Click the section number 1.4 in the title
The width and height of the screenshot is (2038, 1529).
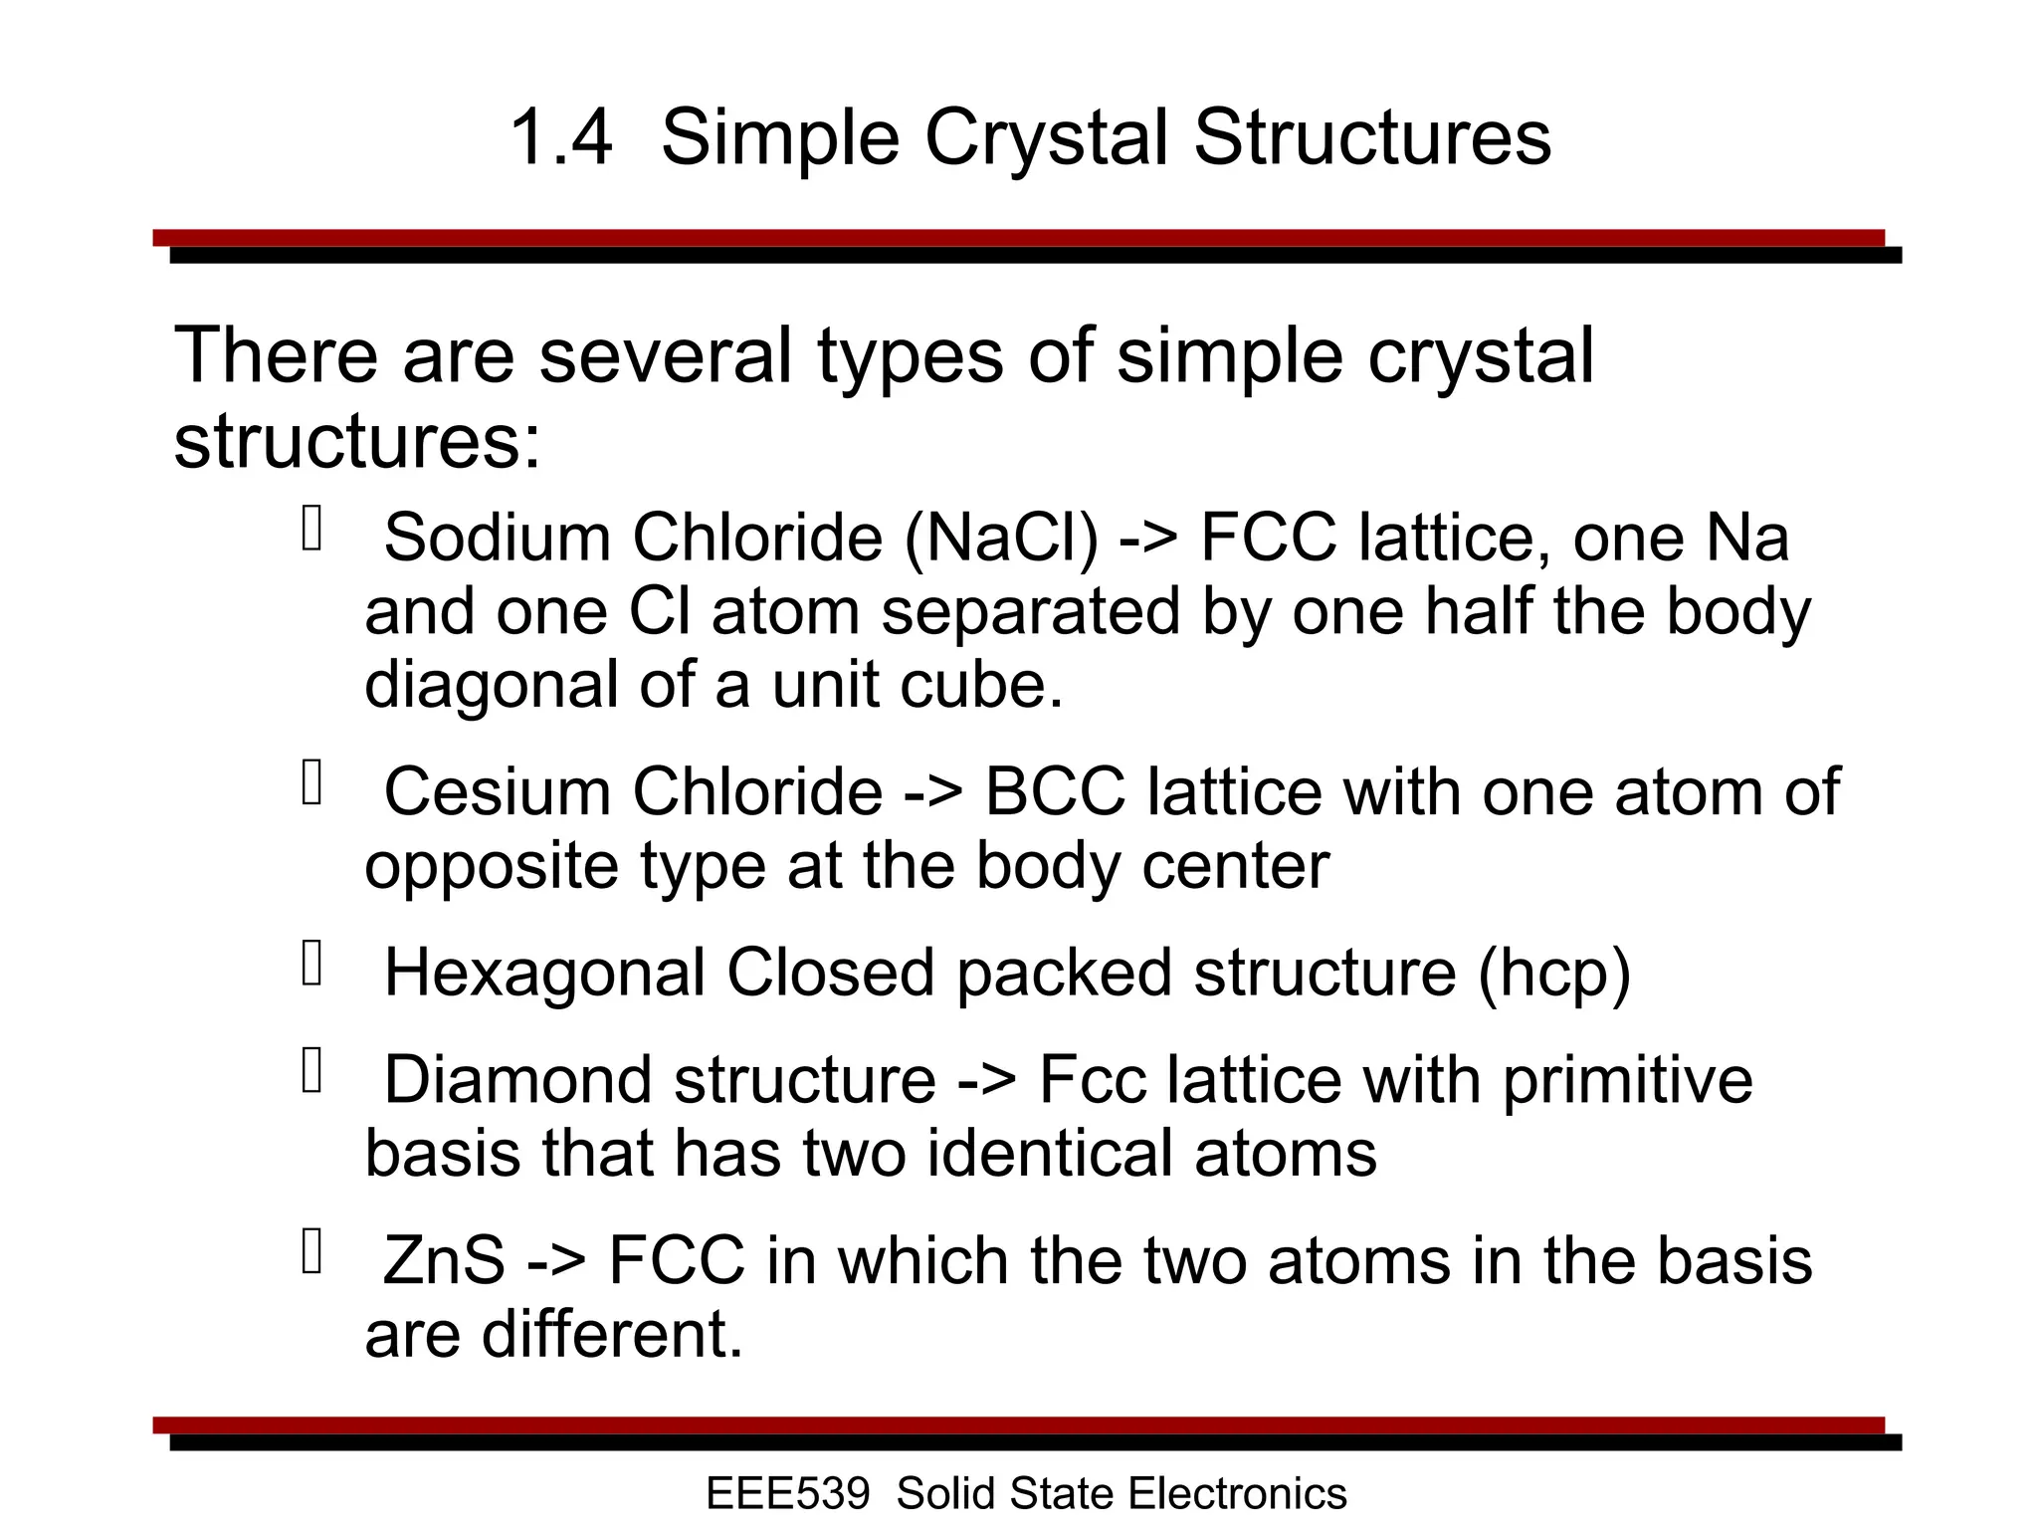click(x=560, y=137)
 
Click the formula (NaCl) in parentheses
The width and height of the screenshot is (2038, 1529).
click(x=1001, y=539)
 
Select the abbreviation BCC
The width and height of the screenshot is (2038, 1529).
click(x=1055, y=793)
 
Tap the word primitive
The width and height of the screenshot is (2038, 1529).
click(x=1627, y=1080)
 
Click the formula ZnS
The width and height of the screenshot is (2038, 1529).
click(x=444, y=1261)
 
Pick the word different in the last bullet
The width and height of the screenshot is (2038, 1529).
click(x=612, y=1335)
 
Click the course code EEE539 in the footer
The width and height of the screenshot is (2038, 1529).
click(x=787, y=1494)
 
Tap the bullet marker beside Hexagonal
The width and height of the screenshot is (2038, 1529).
click(x=312, y=964)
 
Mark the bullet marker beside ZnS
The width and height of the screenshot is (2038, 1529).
click(x=312, y=1252)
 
